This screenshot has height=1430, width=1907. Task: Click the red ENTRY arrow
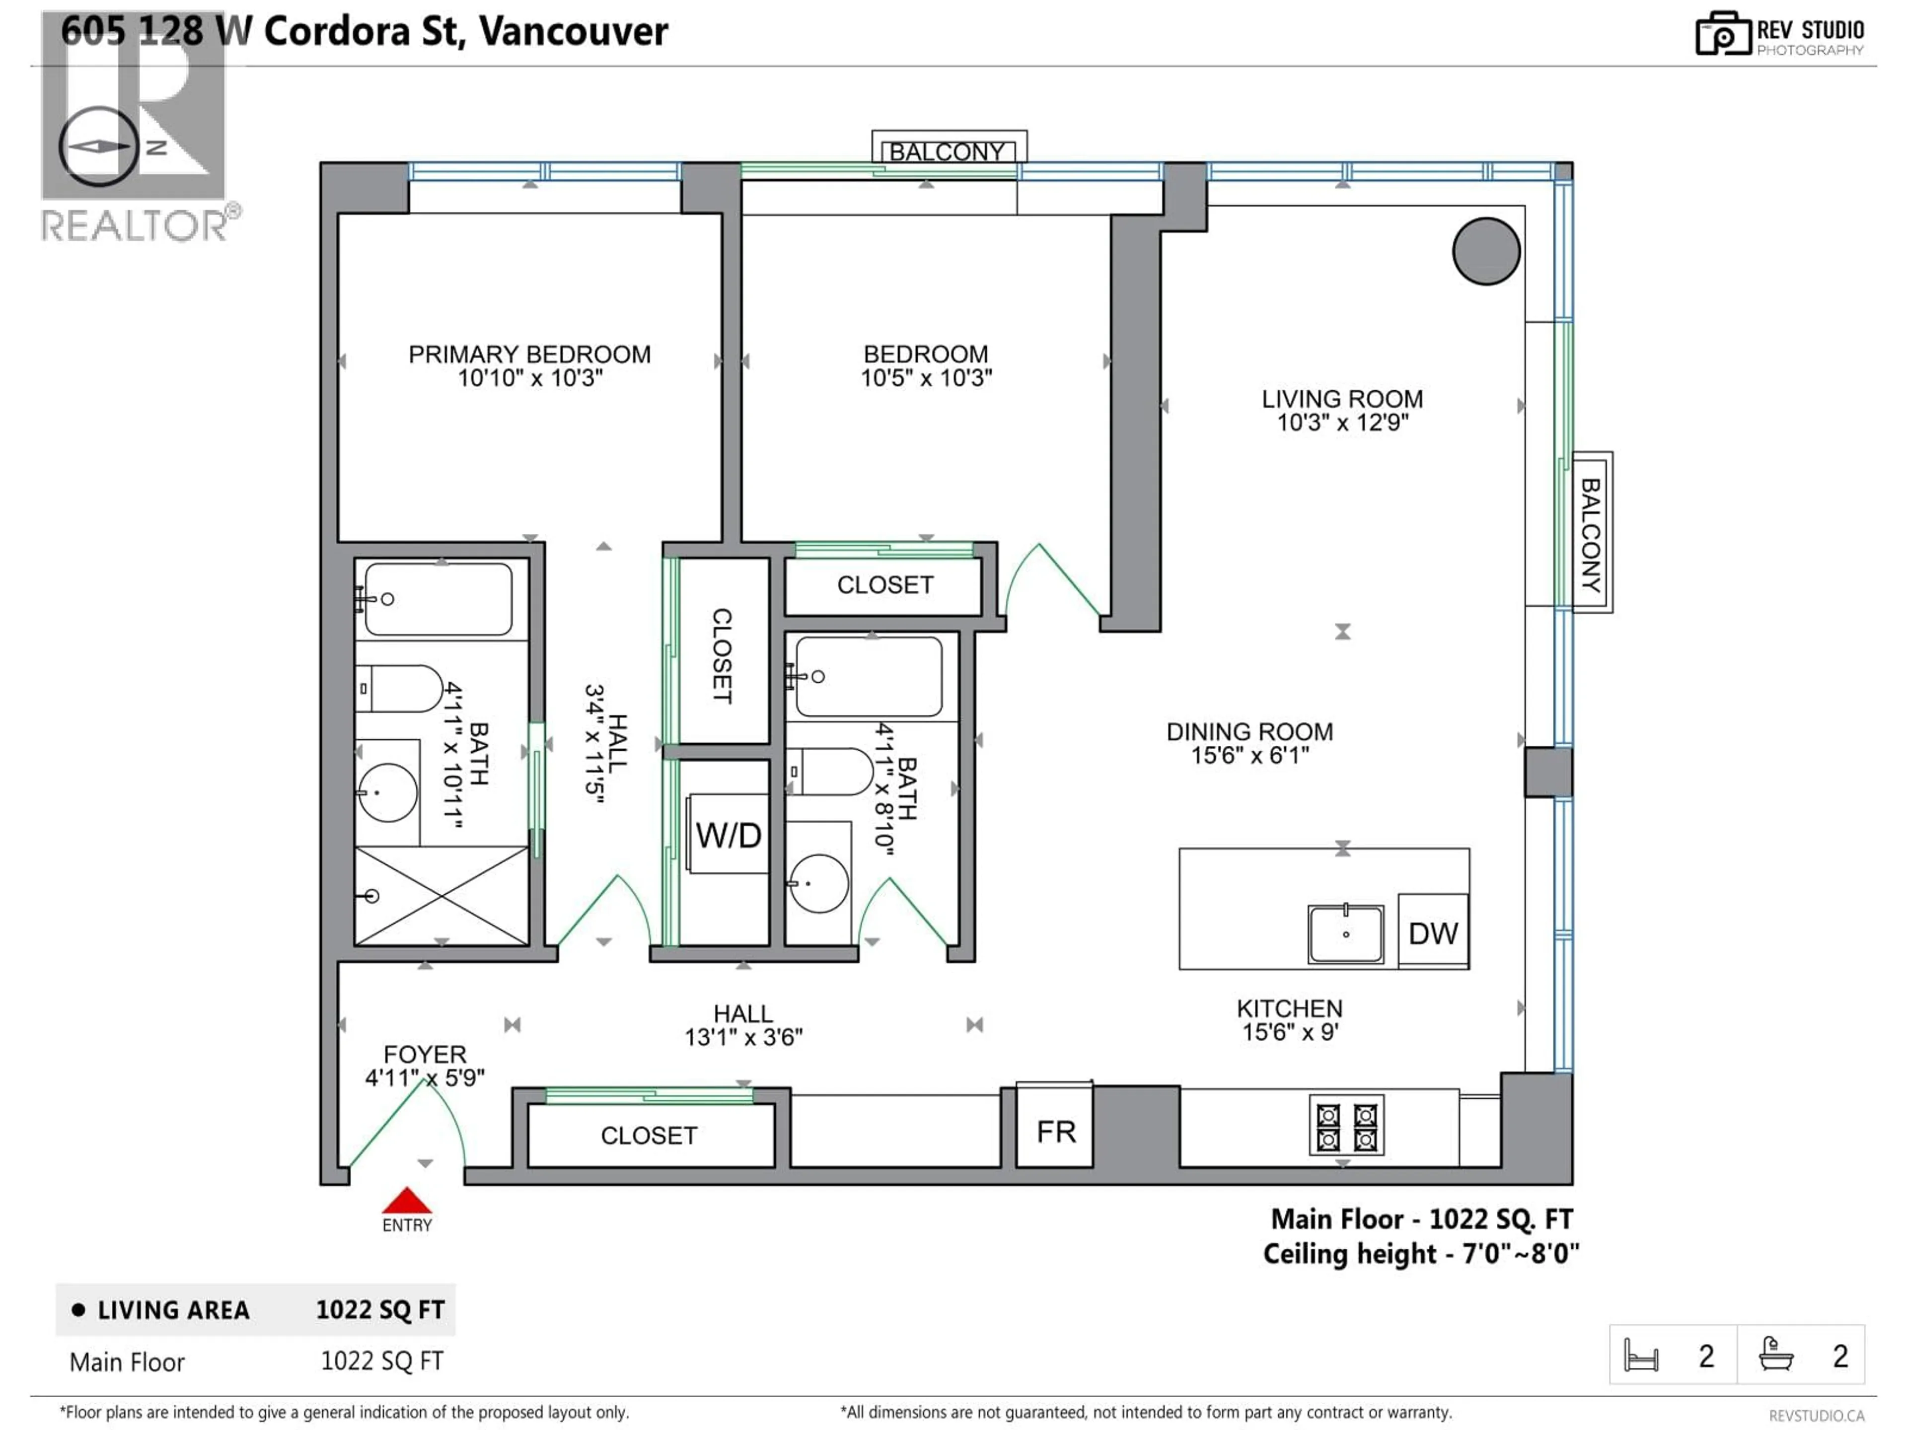pyautogui.click(x=406, y=1201)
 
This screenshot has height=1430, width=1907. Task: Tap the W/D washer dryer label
pyautogui.click(x=729, y=835)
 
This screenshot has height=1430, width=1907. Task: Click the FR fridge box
pyautogui.click(x=1055, y=1132)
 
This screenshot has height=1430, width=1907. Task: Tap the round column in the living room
pyautogui.click(x=1485, y=251)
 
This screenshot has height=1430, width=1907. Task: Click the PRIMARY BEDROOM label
pyautogui.click(x=529, y=354)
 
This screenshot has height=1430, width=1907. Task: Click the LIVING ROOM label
pyautogui.click(x=1341, y=399)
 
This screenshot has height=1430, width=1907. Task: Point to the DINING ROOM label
pyautogui.click(x=1249, y=732)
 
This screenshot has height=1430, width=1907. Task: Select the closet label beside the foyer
pyautogui.click(x=649, y=1135)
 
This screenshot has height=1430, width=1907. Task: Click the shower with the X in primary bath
pyautogui.click(x=441, y=896)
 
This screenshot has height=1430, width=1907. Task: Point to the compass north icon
pyautogui.click(x=99, y=146)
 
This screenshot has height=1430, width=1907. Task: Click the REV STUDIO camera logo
pyautogui.click(x=1723, y=34)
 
